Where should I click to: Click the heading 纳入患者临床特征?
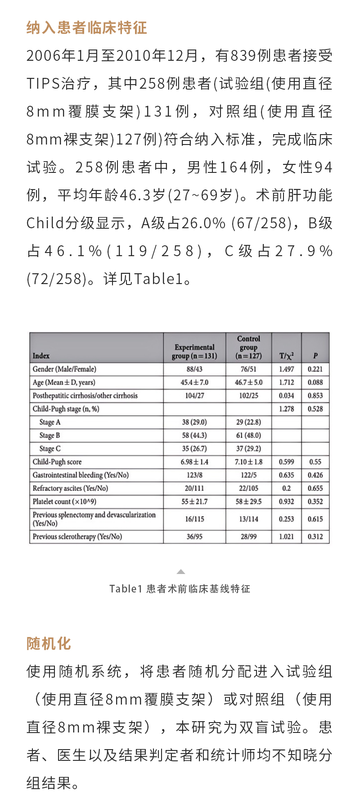(x=87, y=28)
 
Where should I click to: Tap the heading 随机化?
(x=49, y=643)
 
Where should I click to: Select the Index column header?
(x=41, y=356)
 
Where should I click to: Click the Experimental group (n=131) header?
(x=194, y=351)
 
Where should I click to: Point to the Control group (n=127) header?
(x=248, y=347)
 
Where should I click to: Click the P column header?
(x=315, y=356)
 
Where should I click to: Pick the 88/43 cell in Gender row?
(x=194, y=369)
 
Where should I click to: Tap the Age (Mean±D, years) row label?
(x=64, y=382)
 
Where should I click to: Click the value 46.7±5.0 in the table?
(x=248, y=382)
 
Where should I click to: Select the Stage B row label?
(x=49, y=435)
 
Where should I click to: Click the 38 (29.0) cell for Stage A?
(x=194, y=422)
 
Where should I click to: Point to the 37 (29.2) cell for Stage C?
(x=248, y=448)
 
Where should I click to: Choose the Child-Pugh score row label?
(x=57, y=462)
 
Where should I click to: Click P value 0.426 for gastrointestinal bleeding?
(x=315, y=475)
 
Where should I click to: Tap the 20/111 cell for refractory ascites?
(x=194, y=488)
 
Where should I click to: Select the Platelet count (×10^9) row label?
(x=64, y=502)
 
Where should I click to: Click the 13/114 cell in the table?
(x=248, y=519)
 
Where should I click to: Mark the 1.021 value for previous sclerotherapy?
(x=286, y=537)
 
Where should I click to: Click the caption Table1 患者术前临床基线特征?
(x=180, y=589)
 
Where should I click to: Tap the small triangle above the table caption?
(x=181, y=572)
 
